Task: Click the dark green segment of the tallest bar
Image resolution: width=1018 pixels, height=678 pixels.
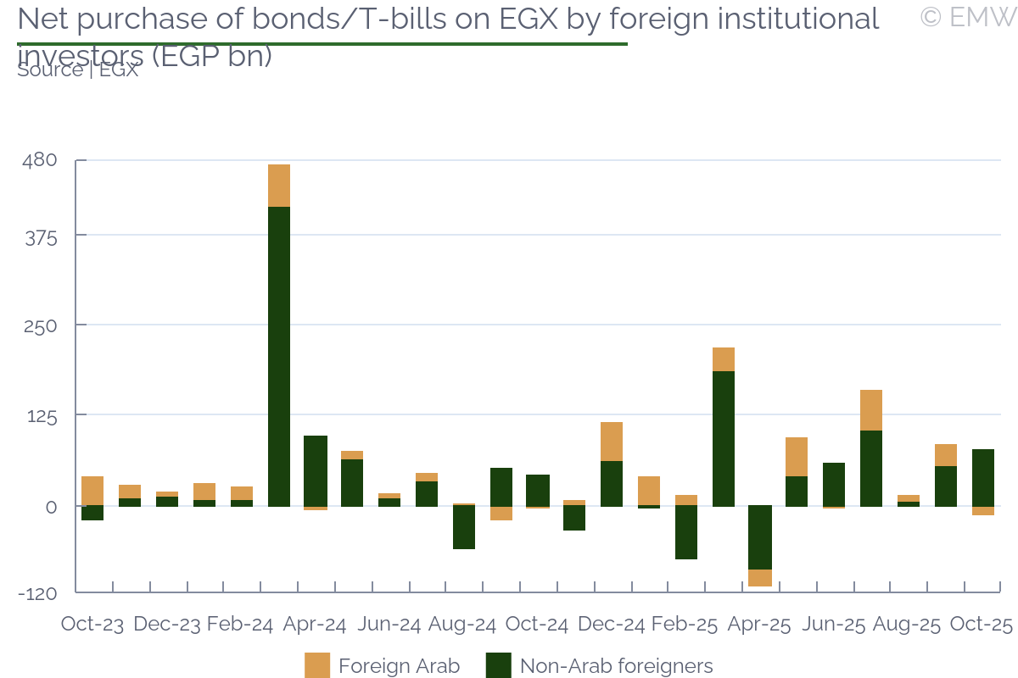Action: click(279, 356)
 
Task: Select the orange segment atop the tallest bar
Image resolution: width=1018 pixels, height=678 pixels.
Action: click(279, 186)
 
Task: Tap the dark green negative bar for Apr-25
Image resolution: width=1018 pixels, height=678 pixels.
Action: click(761, 537)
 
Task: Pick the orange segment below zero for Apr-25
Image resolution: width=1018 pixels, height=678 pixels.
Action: click(761, 578)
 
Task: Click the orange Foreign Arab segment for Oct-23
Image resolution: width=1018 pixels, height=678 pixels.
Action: click(92, 491)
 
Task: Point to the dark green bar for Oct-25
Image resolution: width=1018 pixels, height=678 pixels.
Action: click(983, 477)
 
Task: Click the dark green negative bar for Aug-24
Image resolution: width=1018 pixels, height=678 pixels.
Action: click(464, 527)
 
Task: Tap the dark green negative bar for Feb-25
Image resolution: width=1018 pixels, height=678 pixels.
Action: click(686, 532)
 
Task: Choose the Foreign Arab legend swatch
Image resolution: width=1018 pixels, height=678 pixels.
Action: click(317, 666)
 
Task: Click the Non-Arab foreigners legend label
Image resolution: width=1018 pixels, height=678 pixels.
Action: click(616, 666)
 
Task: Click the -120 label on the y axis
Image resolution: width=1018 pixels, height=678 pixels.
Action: click(38, 593)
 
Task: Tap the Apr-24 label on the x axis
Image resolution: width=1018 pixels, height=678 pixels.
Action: click(315, 625)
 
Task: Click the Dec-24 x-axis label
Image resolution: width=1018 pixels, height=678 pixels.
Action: click(612, 625)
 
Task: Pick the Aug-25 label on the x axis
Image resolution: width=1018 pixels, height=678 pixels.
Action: click(907, 625)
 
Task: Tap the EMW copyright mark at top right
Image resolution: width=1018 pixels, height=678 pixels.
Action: click(968, 16)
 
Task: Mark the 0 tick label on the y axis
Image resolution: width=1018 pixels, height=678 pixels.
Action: click(52, 507)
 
